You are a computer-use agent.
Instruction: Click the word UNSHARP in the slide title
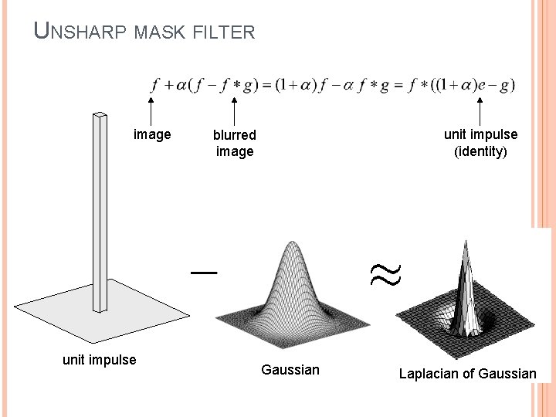click(80, 32)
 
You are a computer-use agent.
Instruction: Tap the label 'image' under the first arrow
click(152, 134)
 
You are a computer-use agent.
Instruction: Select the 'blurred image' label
click(235, 143)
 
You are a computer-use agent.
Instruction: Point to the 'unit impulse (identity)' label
click(480, 142)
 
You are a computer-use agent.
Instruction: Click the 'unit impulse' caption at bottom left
click(99, 359)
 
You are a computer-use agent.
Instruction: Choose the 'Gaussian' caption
click(290, 370)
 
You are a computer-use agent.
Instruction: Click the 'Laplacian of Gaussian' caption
click(467, 374)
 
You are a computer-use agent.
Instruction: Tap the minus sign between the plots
click(205, 272)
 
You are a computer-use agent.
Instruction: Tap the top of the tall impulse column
click(99, 117)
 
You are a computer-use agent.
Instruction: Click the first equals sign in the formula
click(266, 85)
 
